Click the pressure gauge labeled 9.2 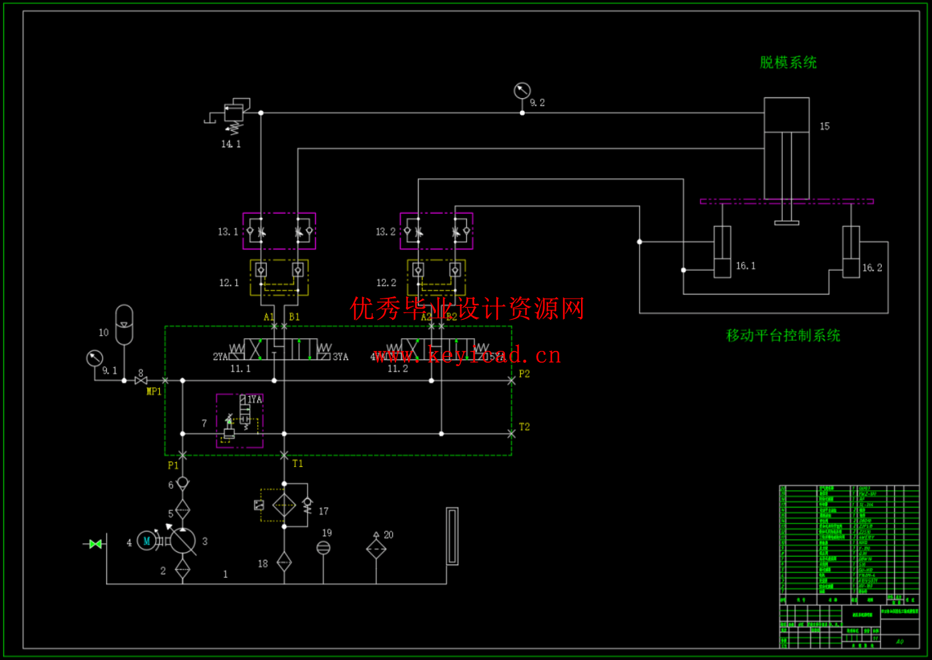point(522,90)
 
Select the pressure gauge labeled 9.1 point(95,358)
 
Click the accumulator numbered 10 point(124,324)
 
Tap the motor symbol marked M point(147,541)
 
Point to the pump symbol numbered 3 point(182,541)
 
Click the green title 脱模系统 point(788,62)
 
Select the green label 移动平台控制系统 point(783,336)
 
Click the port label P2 point(524,374)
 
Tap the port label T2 point(524,427)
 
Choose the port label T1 point(298,464)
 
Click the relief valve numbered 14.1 point(233,114)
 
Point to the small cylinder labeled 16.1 point(722,252)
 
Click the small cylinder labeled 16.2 point(851,252)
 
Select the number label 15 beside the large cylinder point(825,126)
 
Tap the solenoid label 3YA point(340,357)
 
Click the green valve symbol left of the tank point(96,544)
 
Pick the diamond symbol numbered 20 point(376,549)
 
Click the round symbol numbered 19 point(323,547)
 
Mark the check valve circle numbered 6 point(182,483)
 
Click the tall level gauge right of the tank point(452,536)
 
